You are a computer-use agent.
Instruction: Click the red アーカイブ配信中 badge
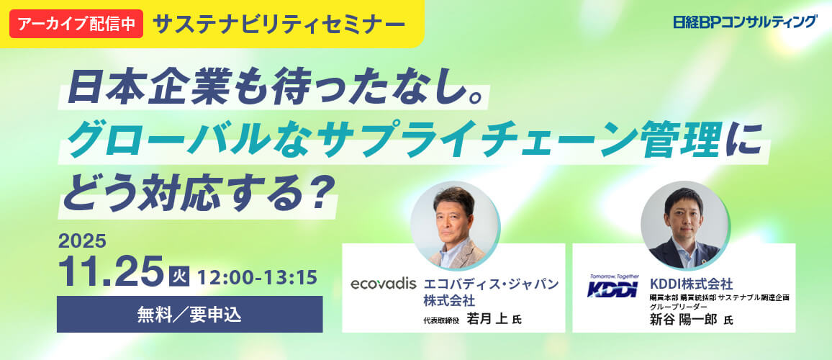tap(76, 24)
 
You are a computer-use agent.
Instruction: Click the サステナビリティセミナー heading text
tap(279, 24)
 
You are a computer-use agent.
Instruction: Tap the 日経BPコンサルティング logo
tap(745, 22)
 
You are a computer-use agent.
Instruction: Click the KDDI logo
tap(610, 288)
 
